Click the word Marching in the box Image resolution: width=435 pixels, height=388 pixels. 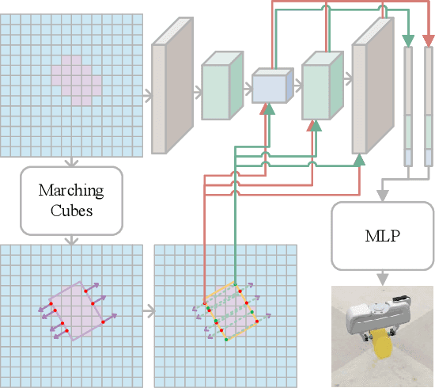pos(71,191)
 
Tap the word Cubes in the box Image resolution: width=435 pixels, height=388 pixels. pos(71,210)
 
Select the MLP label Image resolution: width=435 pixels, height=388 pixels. pos(382,235)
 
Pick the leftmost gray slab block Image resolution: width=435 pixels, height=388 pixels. pos(171,86)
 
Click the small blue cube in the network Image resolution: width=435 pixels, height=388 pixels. pos(272,86)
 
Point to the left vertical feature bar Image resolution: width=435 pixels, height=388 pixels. pos(409,107)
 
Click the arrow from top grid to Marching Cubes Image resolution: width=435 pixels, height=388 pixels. pos(71,161)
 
